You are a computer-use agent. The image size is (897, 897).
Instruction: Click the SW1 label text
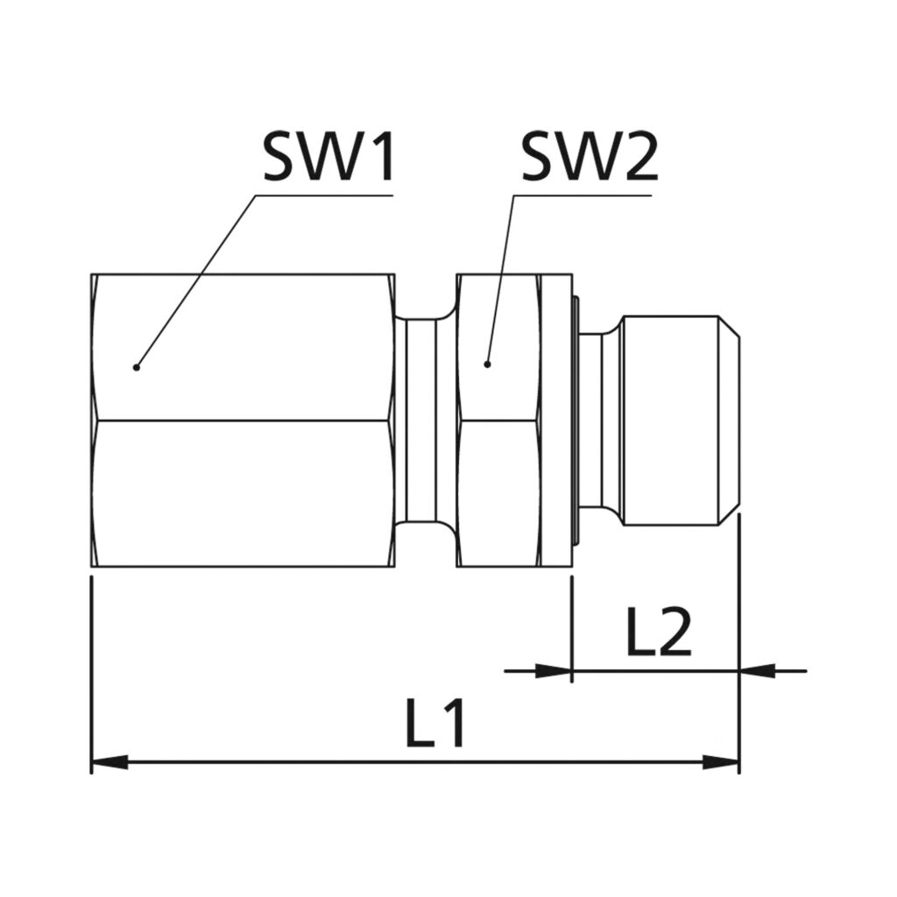328,158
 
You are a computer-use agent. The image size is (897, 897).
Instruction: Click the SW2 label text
589,158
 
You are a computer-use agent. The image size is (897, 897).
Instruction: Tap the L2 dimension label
659,632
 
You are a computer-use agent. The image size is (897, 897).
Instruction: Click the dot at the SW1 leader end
136,367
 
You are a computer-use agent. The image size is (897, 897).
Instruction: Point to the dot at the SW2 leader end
488,364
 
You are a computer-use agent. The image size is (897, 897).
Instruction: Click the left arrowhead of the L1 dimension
109,762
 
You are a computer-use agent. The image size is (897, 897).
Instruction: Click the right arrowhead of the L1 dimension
723,762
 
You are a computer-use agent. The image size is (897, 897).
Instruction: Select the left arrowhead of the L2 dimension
554,672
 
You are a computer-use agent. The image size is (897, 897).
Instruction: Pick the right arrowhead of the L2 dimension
759,672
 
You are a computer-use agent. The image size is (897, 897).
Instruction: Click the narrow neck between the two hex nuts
425,420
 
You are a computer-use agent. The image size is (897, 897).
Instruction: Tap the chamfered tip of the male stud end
730,420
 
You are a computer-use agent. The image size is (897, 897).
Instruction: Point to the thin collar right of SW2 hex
557,420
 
